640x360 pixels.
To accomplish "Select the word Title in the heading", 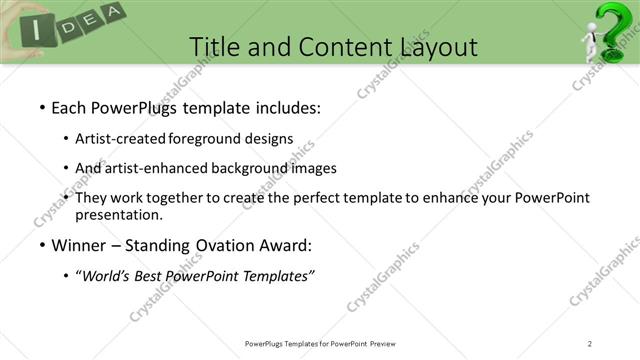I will tap(214, 46).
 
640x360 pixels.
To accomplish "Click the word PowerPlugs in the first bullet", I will tap(136, 107).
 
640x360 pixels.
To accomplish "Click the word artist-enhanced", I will tap(160, 168).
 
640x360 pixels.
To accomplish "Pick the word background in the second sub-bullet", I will tap(259, 168).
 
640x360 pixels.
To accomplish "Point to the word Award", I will tap(291, 245).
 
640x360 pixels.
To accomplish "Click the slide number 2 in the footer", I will tap(590, 344).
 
